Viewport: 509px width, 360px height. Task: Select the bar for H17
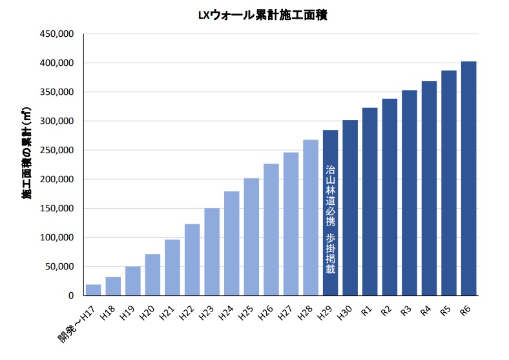click(x=94, y=290)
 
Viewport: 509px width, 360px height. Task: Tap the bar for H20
click(x=152, y=275)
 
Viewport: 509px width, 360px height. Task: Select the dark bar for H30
click(x=350, y=207)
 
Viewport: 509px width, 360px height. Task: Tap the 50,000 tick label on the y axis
click(x=59, y=266)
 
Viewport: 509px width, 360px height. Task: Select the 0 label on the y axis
click(x=72, y=295)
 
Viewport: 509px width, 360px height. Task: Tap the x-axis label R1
click(x=366, y=310)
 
